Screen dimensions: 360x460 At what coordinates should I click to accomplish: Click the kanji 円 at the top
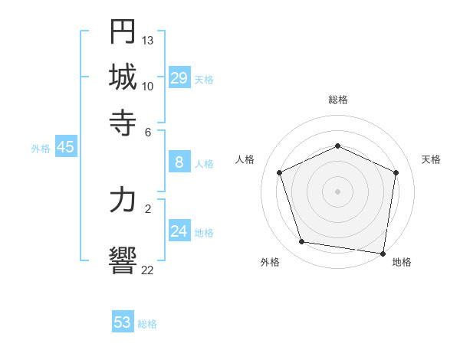[x=123, y=31]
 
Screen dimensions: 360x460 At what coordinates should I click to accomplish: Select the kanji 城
[x=123, y=77]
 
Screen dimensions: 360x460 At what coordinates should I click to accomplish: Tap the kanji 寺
[x=123, y=121]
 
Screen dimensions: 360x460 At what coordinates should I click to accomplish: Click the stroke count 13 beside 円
[x=148, y=40]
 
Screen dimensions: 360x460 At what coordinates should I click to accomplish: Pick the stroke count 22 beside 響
[x=148, y=269]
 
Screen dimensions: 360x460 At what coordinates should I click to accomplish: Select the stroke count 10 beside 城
[x=148, y=86]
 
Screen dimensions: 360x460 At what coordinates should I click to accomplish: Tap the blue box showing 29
[x=179, y=78]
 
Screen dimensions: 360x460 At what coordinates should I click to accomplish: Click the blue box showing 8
[x=179, y=162]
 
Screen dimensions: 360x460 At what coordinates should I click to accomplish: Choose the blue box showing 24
[x=179, y=231]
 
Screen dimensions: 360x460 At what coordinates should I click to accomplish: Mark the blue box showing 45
[x=65, y=148]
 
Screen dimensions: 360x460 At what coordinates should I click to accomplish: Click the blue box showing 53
[x=123, y=322]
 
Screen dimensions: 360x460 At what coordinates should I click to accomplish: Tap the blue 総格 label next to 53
[x=147, y=324]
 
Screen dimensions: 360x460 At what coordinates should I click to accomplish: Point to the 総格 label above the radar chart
[x=337, y=100]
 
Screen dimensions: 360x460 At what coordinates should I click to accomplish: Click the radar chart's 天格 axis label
[x=431, y=159]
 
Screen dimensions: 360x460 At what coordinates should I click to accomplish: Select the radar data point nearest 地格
[x=383, y=253]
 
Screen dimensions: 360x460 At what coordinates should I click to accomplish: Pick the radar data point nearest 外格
[x=301, y=242]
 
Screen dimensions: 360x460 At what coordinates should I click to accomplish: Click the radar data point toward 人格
[x=280, y=172]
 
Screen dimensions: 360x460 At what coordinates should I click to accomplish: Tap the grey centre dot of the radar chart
[x=337, y=191]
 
